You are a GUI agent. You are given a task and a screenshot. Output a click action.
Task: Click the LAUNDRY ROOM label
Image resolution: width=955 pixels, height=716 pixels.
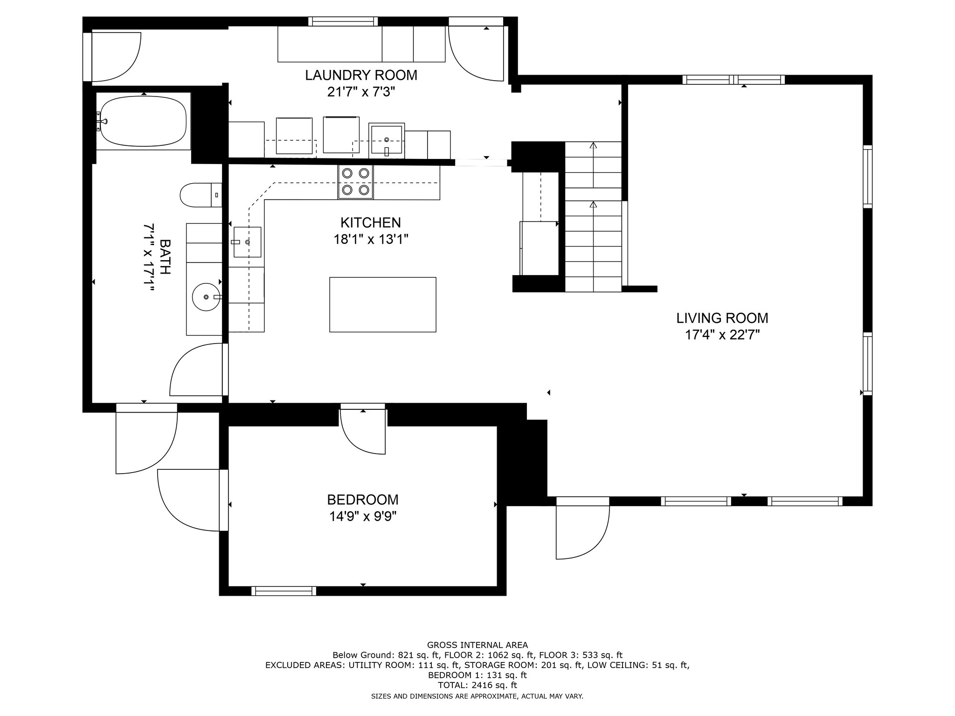point(361,75)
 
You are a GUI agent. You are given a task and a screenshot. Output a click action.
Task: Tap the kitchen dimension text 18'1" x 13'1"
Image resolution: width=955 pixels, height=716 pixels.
point(371,240)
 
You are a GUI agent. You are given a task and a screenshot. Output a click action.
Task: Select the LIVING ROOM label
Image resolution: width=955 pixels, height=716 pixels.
point(722,318)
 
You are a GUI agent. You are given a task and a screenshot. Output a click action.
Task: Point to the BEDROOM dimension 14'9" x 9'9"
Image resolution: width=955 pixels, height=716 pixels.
point(362,516)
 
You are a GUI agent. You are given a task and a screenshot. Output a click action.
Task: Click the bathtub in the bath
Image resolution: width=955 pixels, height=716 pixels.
point(144,121)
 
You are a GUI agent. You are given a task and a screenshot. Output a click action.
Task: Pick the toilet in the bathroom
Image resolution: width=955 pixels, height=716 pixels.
point(201,195)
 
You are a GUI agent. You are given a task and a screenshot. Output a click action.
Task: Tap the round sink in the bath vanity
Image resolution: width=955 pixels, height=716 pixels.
point(206,296)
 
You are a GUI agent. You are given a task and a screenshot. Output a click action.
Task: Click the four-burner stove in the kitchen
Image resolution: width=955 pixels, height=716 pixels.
point(356,182)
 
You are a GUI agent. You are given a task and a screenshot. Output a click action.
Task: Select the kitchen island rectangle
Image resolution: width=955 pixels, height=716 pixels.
point(383,304)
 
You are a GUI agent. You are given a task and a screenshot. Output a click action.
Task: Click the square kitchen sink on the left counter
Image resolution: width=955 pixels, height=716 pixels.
point(247,242)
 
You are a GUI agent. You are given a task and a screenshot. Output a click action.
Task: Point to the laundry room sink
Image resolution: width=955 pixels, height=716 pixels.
point(387,140)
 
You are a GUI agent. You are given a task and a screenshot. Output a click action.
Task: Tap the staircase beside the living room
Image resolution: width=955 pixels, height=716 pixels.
point(593,217)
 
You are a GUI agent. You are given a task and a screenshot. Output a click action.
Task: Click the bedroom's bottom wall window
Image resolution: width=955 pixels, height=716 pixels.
point(284,591)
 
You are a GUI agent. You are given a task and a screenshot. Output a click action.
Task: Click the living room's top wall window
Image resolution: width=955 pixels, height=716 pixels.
point(734,80)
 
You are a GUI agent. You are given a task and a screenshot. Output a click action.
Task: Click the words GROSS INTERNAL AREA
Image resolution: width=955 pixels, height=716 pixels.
point(477,645)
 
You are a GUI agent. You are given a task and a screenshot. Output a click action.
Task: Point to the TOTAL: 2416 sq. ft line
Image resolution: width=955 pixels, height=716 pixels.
point(477,685)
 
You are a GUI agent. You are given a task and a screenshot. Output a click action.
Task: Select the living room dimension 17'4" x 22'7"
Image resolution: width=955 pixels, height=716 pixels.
point(722,335)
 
